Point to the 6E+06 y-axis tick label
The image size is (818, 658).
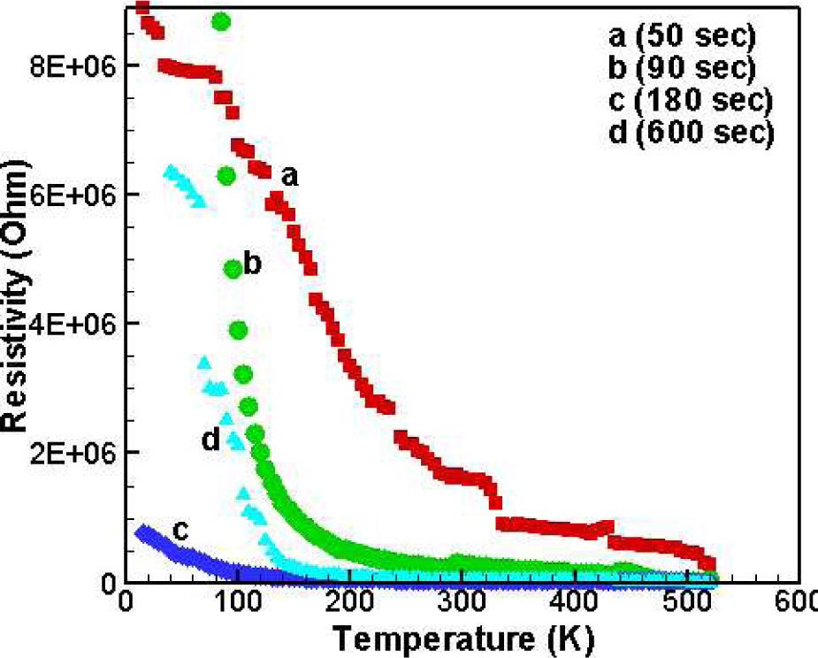click(x=73, y=195)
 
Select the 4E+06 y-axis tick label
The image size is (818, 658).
click(x=73, y=324)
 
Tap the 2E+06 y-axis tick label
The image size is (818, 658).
click(x=73, y=453)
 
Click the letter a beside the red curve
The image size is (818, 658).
click(x=289, y=177)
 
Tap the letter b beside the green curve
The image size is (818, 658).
click(x=252, y=264)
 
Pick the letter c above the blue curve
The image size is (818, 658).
click(x=180, y=530)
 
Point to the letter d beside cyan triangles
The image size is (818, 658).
click(x=210, y=439)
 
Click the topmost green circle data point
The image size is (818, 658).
click(x=221, y=21)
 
